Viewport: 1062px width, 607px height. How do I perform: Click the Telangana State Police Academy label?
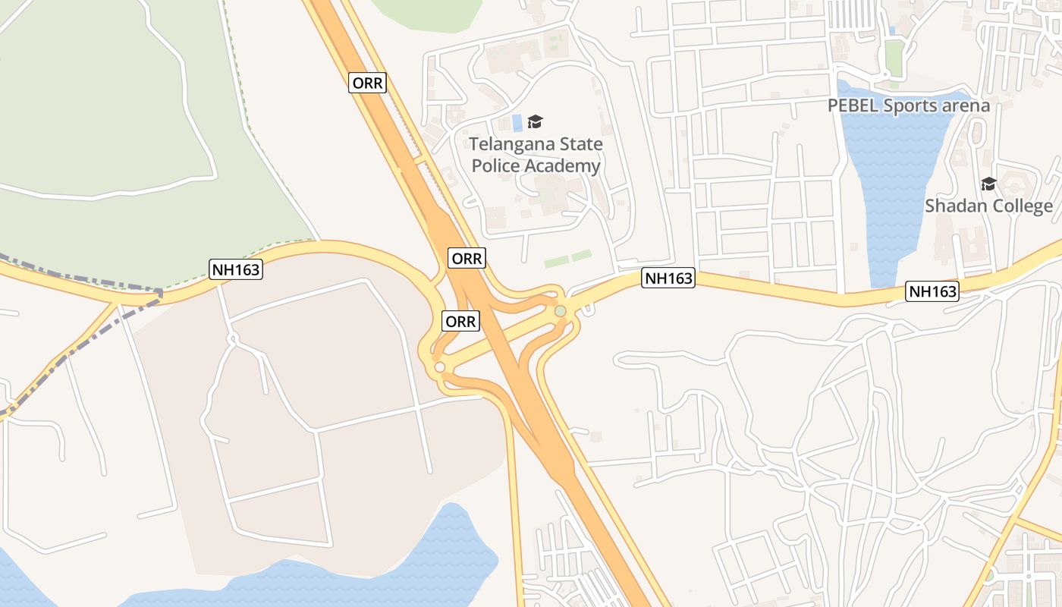[536, 155]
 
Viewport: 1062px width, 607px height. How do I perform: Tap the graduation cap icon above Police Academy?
[536, 121]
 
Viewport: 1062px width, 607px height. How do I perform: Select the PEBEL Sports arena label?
[909, 105]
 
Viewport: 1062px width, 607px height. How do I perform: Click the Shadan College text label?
[988, 206]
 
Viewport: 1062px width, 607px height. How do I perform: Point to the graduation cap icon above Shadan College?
[988, 184]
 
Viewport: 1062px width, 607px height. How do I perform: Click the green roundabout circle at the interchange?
[560, 311]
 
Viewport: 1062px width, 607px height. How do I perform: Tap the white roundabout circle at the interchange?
[440, 368]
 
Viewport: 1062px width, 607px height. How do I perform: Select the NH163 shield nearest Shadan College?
[933, 291]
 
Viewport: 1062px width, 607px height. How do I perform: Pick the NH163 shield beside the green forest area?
[236, 269]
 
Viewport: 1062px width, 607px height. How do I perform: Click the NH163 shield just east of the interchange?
[668, 278]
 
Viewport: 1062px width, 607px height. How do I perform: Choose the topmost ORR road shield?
[368, 83]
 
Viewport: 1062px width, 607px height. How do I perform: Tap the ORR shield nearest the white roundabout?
[460, 322]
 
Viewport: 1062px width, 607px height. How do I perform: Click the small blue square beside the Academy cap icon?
[517, 122]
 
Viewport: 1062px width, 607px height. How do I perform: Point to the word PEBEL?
[853, 105]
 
